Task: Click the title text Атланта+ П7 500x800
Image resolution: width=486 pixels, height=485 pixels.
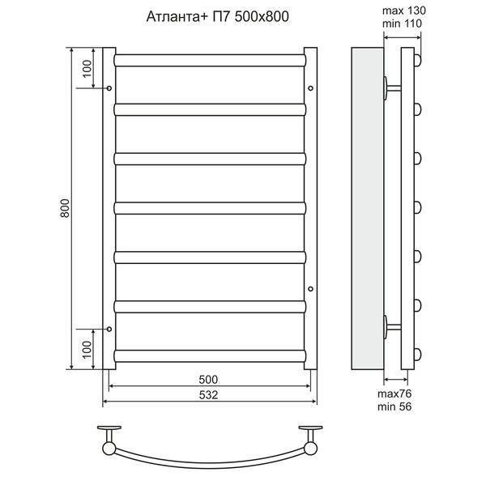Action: [x=217, y=16]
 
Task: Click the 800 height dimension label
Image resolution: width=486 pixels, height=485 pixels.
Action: [x=65, y=208]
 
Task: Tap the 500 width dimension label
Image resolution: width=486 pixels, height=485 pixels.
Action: [x=208, y=379]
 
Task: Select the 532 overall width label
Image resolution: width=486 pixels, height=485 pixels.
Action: [x=208, y=395]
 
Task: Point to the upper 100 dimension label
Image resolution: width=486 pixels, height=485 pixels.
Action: [x=87, y=69]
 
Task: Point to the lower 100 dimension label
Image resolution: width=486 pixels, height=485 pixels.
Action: [x=87, y=350]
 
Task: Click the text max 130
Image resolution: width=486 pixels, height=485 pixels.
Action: [x=404, y=11]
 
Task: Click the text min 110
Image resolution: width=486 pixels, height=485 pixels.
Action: [x=402, y=23]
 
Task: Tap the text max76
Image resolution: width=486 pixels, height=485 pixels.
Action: [x=394, y=394]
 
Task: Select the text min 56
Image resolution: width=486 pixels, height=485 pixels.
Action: [x=394, y=406]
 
